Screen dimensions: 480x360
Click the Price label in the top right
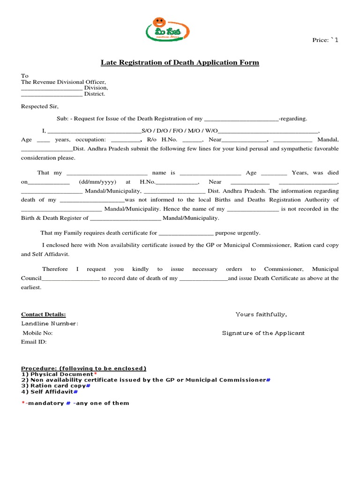[325, 40]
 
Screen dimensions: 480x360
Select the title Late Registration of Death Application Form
[180, 63]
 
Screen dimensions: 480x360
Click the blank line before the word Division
[52, 88]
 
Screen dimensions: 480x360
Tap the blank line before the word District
[52, 94]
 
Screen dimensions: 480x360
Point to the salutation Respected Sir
[40, 106]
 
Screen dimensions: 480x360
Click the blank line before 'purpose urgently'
[186, 233]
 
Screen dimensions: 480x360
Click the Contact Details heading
[44, 315]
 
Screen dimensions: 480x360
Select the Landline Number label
[50, 324]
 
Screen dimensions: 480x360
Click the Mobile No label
[38, 333]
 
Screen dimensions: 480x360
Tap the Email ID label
[34, 342]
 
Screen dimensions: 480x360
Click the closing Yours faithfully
[261, 315]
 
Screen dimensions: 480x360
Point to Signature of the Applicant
[263, 333]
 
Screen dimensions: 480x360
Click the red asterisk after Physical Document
[96, 374]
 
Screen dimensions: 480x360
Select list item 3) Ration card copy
[55, 386]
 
